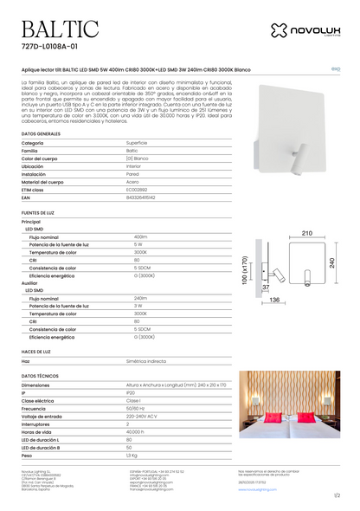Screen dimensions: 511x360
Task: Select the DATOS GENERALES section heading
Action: [41, 135]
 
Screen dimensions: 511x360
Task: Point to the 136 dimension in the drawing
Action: [274, 299]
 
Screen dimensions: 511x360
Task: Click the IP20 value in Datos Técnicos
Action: [132, 392]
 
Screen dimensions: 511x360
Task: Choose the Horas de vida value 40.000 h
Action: [136, 431]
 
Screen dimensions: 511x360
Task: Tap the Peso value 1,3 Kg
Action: [132, 455]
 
